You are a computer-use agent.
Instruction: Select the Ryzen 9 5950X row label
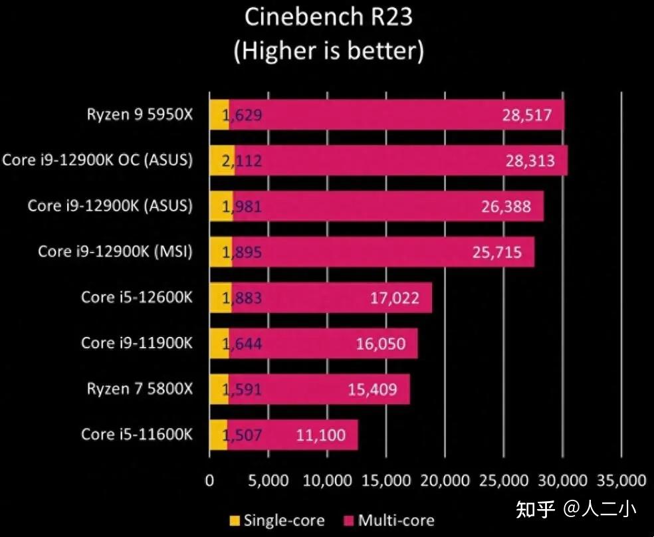[x=140, y=114]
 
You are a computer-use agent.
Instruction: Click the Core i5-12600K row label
[x=137, y=297]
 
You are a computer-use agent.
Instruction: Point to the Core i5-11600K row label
[x=137, y=434]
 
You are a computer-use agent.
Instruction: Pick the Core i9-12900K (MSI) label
[x=115, y=251]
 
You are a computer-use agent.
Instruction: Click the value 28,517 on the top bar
[x=527, y=115]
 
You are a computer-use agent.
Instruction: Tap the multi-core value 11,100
[x=320, y=435]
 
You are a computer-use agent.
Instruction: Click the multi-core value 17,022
[x=394, y=298]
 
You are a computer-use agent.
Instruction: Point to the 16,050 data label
[x=380, y=344]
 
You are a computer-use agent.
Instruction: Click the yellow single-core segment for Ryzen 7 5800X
[x=218, y=389]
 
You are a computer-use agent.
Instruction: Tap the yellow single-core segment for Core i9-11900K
[x=219, y=344]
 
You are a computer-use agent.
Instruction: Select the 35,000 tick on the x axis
[x=621, y=480]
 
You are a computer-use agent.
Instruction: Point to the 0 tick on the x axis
[x=209, y=480]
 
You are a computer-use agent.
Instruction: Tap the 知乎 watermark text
[x=536, y=509]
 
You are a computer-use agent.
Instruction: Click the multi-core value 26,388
[x=506, y=207]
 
